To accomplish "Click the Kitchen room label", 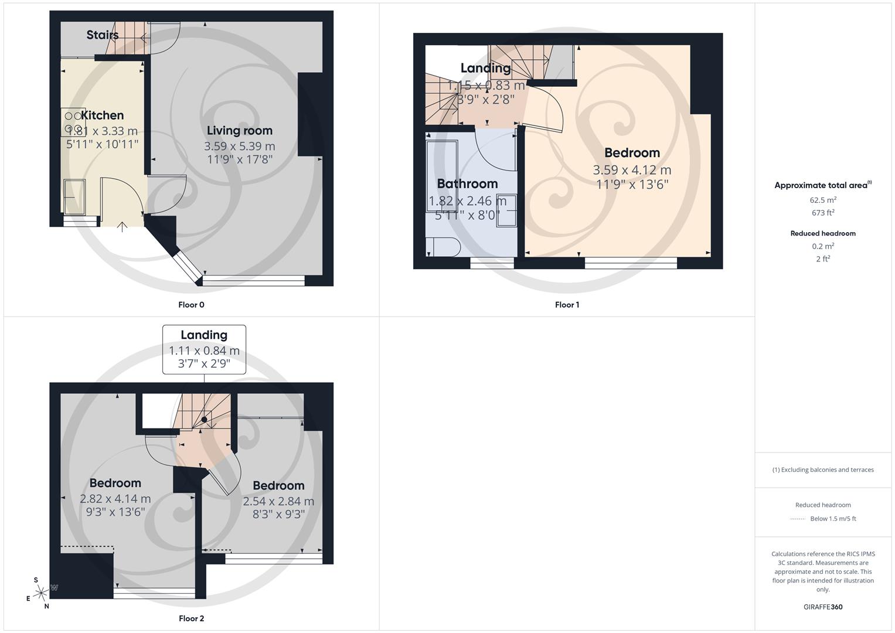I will tap(102, 115).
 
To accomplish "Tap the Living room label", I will tap(239, 131).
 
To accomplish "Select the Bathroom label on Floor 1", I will tap(467, 184).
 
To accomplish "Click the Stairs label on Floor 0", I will tap(103, 35).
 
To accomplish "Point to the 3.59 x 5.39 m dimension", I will tap(239, 147).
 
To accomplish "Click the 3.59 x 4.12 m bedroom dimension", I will tap(632, 170).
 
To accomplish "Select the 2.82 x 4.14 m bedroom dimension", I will tap(115, 499).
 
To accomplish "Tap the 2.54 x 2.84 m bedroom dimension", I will tap(278, 502).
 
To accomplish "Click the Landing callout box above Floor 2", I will tap(204, 349).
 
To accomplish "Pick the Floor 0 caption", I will tap(191, 305).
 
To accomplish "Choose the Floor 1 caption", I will tap(567, 305).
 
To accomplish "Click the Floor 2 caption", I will tap(191, 618).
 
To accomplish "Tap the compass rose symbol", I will tap(41, 593).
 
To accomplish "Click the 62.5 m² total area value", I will tap(823, 200).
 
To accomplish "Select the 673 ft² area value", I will tap(823, 213).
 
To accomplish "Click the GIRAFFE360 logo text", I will tap(823, 607).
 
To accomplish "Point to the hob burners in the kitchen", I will tap(73, 122).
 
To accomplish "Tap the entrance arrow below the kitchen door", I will tap(122, 227).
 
